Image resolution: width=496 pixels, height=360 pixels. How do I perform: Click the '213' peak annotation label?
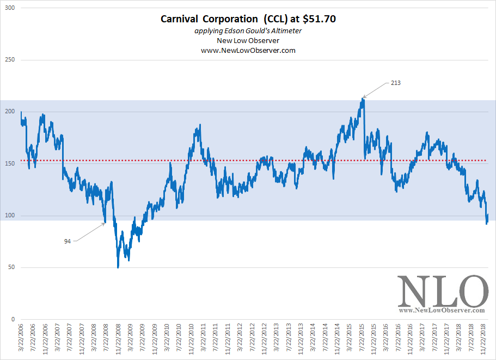tap(396, 83)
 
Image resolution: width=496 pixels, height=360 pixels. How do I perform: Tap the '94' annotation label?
tap(68, 241)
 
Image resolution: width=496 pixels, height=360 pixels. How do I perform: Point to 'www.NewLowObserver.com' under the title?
tap(248, 50)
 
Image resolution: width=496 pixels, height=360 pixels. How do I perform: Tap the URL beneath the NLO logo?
tap(441, 310)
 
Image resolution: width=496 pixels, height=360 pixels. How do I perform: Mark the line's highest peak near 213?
tap(363, 99)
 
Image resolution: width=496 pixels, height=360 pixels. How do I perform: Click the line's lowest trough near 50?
tap(118, 267)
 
